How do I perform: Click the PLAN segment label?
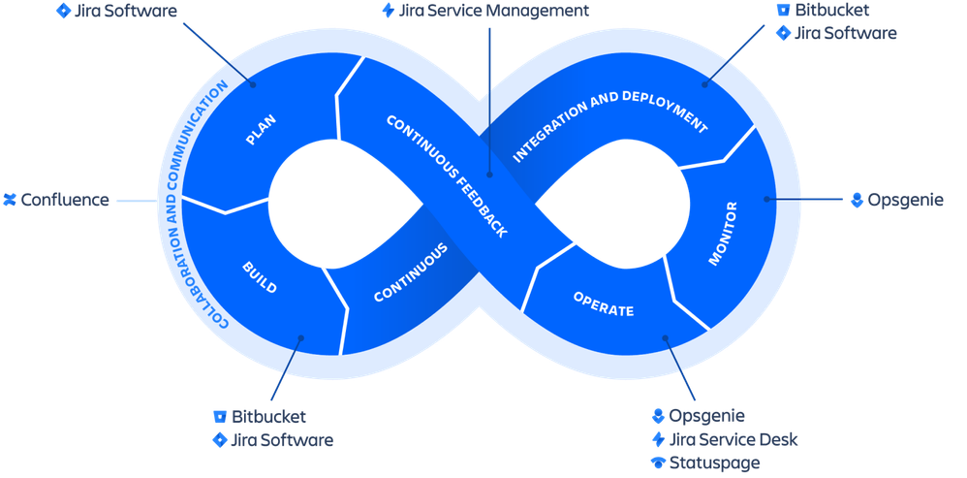point(261,130)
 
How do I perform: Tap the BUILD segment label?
point(260,275)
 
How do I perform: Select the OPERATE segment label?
point(603,303)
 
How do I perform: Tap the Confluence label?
point(65,201)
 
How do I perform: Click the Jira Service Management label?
point(493,12)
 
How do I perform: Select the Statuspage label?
point(714,462)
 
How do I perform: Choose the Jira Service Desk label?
point(733,439)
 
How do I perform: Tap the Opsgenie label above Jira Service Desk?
point(707,416)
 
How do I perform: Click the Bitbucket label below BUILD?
point(269,417)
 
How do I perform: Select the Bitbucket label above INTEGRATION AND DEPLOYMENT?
point(831,11)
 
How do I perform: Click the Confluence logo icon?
point(10,201)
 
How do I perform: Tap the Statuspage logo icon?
point(659,462)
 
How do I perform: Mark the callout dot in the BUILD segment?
point(301,339)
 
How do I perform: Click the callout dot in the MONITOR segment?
point(766,200)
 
